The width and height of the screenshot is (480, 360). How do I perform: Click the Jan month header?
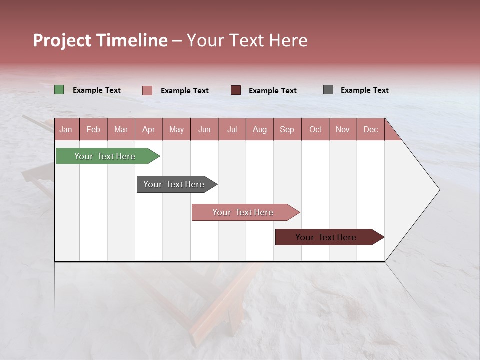click(x=66, y=129)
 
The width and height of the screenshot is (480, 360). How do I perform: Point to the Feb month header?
click(x=93, y=129)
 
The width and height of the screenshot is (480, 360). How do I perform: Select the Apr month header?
click(x=149, y=129)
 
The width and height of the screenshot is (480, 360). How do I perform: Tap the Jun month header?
click(x=204, y=129)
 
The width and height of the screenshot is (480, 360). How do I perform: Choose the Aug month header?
click(x=260, y=129)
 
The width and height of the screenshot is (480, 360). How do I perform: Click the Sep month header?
click(x=287, y=129)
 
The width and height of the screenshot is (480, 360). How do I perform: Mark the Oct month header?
click(x=315, y=129)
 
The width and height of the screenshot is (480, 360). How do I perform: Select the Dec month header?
click(x=371, y=129)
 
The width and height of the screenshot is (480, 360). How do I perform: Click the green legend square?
click(x=59, y=90)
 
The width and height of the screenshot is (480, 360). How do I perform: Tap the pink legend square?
click(x=147, y=90)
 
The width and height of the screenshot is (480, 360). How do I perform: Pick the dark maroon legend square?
click(x=236, y=90)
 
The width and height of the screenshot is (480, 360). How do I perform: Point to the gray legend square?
click(x=328, y=90)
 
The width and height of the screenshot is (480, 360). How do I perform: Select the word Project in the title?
click(x=62, y=40)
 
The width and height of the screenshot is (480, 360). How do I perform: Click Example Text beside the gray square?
click(x=364, y=90)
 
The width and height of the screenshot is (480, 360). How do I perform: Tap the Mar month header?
click(x=121, y=129)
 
